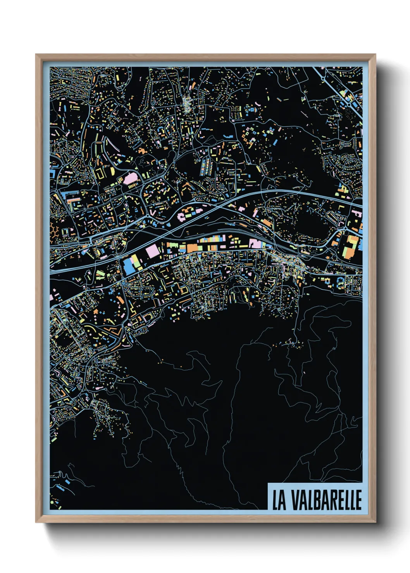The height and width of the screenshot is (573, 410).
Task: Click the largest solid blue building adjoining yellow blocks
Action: (x=128, y=267)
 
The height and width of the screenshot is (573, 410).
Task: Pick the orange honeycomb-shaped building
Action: (x=54, y=231)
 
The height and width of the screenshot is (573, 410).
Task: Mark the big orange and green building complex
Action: (x=352, y=247)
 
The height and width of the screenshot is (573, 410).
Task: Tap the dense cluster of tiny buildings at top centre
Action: (x=188, y=103)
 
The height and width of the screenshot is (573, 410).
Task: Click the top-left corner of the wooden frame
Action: (x=36, y=55)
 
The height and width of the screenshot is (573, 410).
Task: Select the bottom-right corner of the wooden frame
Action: (x=375, y=522)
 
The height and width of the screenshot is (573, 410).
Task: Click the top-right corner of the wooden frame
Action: (x=375, y=55)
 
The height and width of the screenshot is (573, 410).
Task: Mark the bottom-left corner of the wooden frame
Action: (x=36, y=522)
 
